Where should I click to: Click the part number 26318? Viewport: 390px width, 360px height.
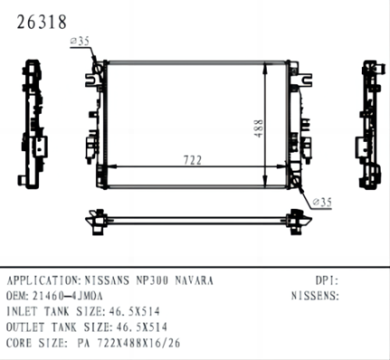click(x=37, y=21)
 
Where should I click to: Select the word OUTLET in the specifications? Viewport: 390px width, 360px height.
click(x=25, y=326)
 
